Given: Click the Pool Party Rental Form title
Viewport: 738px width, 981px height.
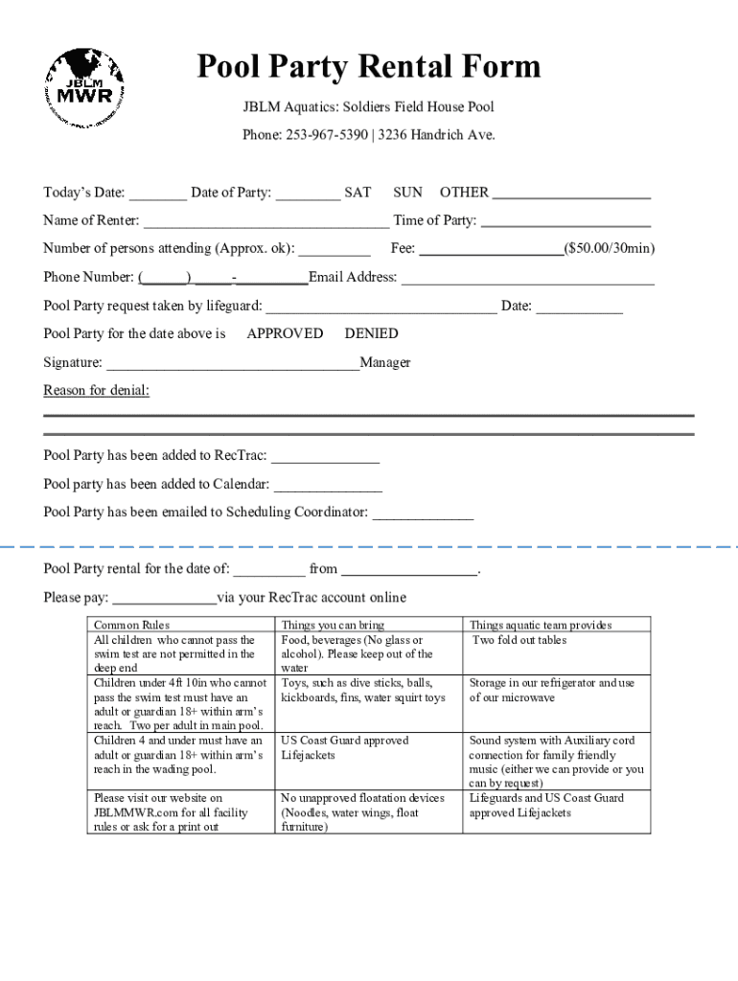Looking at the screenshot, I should coord(369,68).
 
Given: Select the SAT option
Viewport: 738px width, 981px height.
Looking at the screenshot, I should coord(357,193).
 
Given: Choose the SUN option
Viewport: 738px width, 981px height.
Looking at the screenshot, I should coord(407,193).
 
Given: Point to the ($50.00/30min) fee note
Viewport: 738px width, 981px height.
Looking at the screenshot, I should coord(610,249).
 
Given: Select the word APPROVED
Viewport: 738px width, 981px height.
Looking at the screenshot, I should coord(285,333).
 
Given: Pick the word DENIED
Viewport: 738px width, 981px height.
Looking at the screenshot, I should coord(371,333).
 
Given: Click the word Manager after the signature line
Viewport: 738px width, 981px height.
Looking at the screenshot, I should coord(385,362).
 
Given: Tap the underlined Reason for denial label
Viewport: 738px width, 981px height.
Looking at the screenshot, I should coord(97,390).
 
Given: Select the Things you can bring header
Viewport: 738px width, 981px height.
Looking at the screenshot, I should coord(332,625).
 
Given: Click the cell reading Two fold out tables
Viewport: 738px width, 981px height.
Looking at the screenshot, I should coord(519,640).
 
